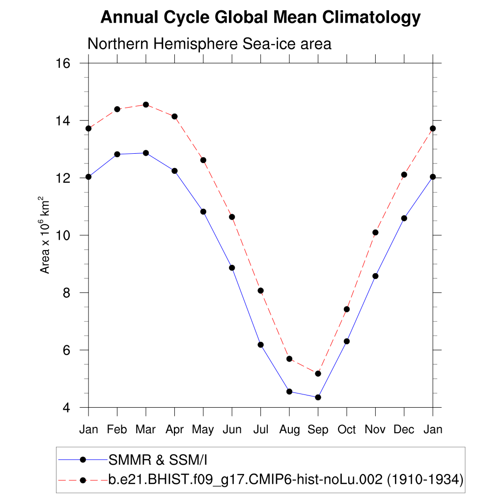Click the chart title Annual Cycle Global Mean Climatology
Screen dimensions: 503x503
pyautogui.click(x=260, y=18)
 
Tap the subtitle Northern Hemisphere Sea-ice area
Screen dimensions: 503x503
pyautogui.click(x=209, y=44)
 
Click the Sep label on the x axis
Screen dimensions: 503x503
pyautogui.click(x=318, y=430)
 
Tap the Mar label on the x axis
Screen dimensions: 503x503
pyautogui.click(x=145, y=430)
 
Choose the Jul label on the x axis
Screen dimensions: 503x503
pyautogui.click(x=260, y=430)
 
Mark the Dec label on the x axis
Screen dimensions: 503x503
pyautogui.click(x=404, y=430)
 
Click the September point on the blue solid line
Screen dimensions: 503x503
pyautogui.click(x=318, y=397)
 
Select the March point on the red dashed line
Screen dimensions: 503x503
pyautogui.click(x=145, y=105)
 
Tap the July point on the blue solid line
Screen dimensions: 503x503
pyautogui.click(x=260, y=345)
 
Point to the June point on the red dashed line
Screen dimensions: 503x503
pyautogui.click(x=232, y=217)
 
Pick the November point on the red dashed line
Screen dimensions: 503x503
pyautogui.click(x=375, y=232)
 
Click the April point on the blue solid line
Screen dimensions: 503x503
pyautogui.click(x=174, y=171)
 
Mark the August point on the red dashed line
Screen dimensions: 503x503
pyautogui.click(x=289, y=359)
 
